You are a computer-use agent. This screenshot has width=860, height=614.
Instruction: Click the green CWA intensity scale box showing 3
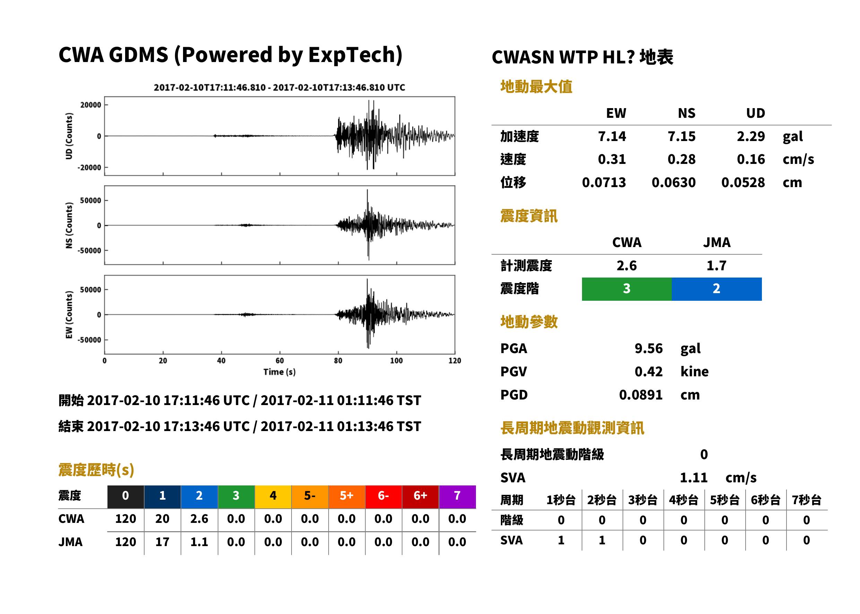click(x=626, y=289)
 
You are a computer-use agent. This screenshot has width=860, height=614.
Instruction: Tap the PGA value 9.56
click(x=648, y=348)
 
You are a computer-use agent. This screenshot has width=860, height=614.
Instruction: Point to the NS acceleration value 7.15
click(x=681, y=136)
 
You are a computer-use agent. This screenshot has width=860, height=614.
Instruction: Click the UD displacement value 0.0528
click(x=743, y=182)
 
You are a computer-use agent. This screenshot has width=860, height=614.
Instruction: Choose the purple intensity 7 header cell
click(x=457, y=495)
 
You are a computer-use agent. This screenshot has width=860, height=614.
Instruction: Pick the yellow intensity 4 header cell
click(x=273, y=495)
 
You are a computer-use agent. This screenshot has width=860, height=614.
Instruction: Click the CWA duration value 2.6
click(x=199, y=519)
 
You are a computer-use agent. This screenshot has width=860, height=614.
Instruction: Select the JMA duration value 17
click(x=162, y=542)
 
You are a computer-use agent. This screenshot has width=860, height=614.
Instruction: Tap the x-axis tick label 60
click(x=279, y=361)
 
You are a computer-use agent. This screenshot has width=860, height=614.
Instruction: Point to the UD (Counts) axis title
click(x=69, y=136)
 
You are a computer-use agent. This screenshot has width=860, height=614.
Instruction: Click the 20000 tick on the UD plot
click(x=91, y=105)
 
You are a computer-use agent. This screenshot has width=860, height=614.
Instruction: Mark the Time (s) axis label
click(x=279, y=372)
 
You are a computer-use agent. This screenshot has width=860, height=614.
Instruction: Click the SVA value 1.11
click(x=694, y=477)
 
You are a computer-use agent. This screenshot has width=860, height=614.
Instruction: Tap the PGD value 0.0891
click(x=641, y=395)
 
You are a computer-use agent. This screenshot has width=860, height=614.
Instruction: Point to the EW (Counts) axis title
click(x=69, y=315)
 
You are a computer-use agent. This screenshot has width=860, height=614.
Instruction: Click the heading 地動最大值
click(x=536, y=87)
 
